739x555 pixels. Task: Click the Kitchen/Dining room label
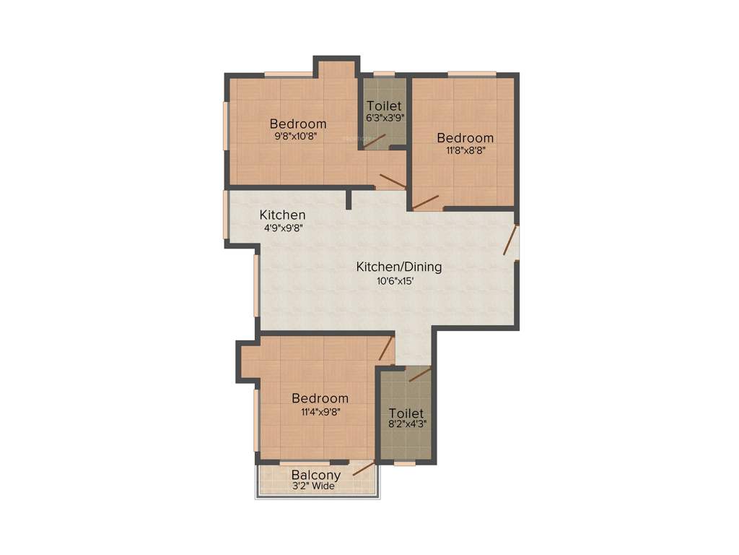398,267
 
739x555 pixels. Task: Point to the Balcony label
315,475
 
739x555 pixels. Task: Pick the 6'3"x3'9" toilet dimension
384,117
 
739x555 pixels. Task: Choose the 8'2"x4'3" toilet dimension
406,425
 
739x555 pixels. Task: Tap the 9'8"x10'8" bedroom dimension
297,135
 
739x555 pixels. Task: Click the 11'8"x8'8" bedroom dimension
465,150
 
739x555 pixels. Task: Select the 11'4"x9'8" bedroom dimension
320,412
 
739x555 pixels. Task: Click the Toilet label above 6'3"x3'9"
384,106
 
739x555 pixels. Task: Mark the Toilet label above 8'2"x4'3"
406,413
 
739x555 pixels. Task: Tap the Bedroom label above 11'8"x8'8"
465,138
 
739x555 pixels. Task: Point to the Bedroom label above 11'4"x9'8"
320,398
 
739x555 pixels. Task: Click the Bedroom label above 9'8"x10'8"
298,124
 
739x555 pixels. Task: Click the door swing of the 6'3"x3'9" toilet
375,141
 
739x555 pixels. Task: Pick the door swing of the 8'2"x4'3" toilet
419,374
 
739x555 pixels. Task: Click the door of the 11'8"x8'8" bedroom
426,202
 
